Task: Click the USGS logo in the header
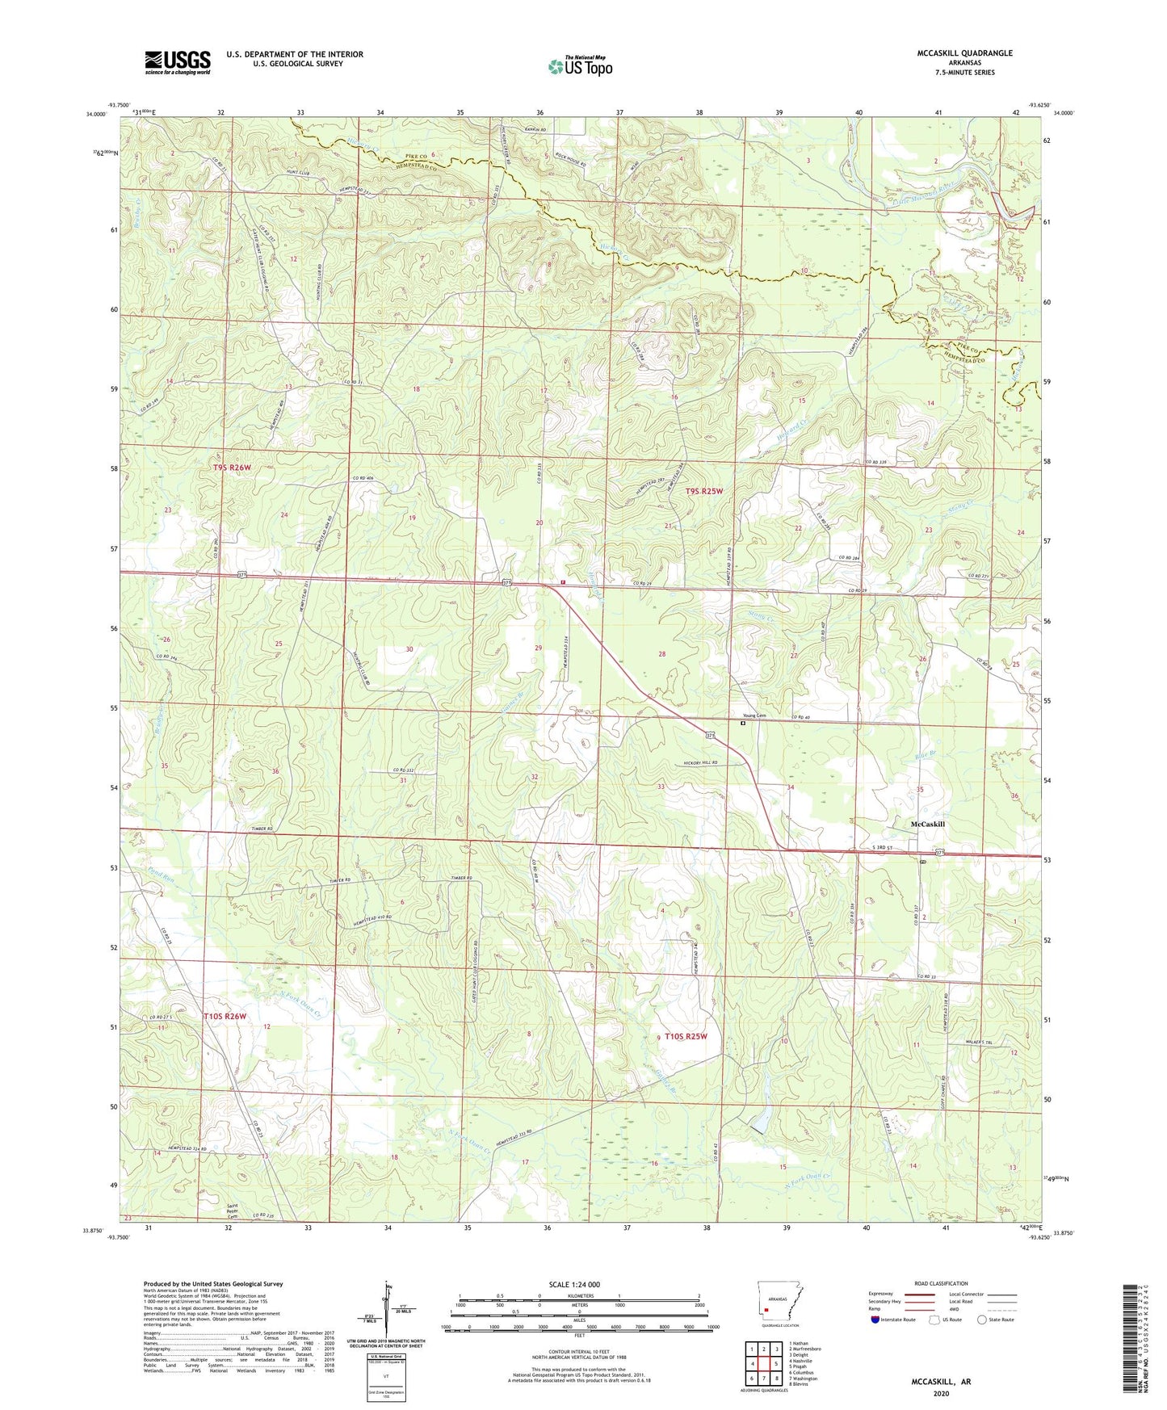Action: click(178, 62)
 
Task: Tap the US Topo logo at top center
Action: click(580, 66)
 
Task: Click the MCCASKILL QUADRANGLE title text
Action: click(964, 53)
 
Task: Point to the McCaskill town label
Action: click(927, 824)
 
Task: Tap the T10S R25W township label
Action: click(686, 1036)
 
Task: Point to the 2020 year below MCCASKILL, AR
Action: click(941, 1393)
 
